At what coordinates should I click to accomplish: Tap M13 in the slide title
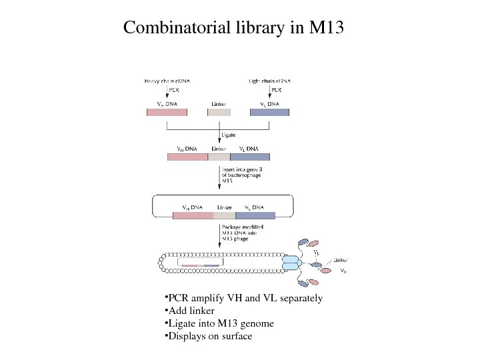(326, 29)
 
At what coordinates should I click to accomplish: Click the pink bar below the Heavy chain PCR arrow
(167, 113)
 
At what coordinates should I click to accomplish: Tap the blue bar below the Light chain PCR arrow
(269, 113)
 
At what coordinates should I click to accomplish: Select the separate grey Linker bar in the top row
(219, 113)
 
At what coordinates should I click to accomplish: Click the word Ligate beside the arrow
(229, 135)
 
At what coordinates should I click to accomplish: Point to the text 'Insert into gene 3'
(239, 170)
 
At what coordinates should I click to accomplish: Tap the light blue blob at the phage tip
(293, 262)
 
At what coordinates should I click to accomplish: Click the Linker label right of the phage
(341, 260)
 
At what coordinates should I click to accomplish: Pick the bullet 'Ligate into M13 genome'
(219, 324)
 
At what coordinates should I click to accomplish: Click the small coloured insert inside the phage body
(201, 266)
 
